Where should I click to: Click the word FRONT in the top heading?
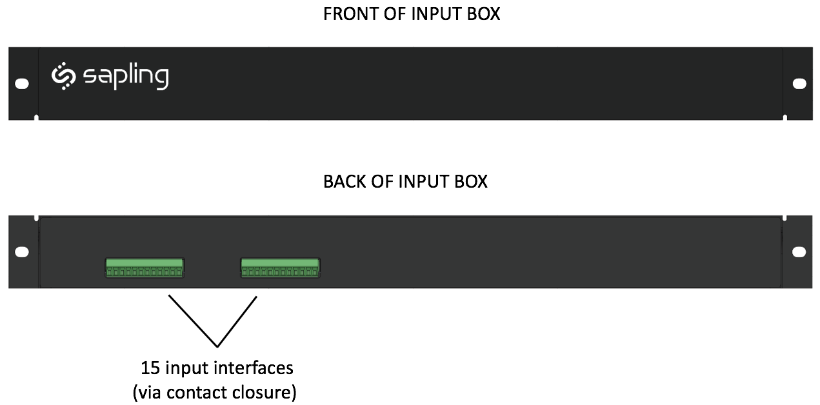(x=351, y=14)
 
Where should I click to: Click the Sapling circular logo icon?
(x=63, y=75)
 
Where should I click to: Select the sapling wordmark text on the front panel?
(x=126, y=77)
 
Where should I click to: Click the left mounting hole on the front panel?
(x=22, y=84)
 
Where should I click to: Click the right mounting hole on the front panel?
(x=799, y=84)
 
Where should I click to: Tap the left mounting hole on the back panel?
(x=22, y=252)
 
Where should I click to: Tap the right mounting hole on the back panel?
(x=799, y=252)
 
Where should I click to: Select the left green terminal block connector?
(x=145, y=268)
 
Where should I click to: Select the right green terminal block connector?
(x=280, y=268)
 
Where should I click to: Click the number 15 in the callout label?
(x=150, y=368)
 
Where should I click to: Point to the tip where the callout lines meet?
(x=217, y=346)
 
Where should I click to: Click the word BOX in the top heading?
(x=483, y=14)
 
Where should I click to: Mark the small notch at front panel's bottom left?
(x=36, y=117)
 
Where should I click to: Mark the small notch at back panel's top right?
(x=785, y=218)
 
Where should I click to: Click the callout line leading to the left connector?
(x=193, y=321)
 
